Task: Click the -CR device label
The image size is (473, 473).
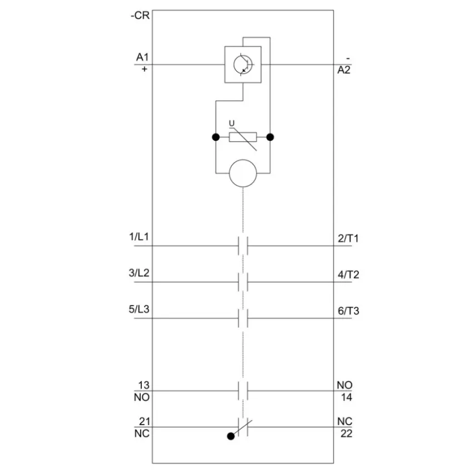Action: [x=140, y=15]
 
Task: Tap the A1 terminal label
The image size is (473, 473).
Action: [x=142, y=57]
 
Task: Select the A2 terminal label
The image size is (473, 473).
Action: [x=344, y=70]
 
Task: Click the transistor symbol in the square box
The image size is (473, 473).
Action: [x=243, y=64]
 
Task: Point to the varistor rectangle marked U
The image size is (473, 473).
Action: [x=243, y=137]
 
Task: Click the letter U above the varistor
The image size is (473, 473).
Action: [x=231, y=124]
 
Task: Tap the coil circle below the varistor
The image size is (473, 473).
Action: [x=243, y=174]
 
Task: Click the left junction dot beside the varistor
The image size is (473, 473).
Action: [x=216, y=137]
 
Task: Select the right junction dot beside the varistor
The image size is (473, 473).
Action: [x=270, y=137]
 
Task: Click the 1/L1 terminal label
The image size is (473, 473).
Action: [x=139, y=237]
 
